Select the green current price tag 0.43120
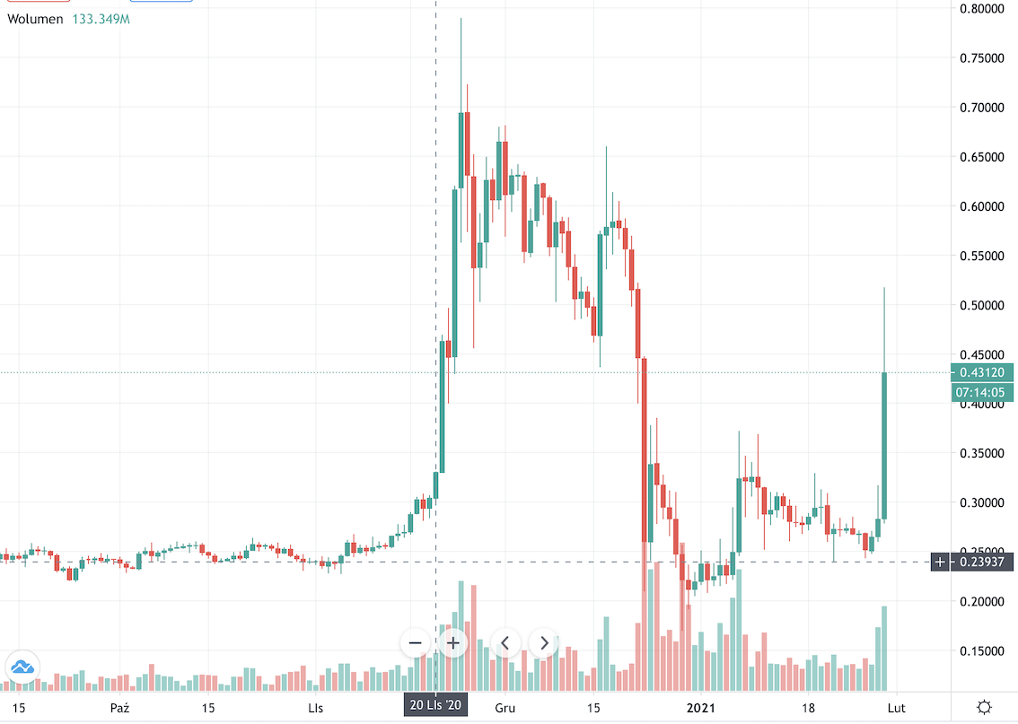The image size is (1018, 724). coord(983,372)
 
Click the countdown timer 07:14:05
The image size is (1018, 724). coord(983,392)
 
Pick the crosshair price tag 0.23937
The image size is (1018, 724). coord(988,563)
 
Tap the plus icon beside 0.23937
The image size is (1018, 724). coord(940,563)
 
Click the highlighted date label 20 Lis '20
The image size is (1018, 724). coord(435,706)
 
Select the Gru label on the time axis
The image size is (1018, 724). coord(505,707)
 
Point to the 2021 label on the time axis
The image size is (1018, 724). coord(703,707)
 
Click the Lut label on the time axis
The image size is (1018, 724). coord(908,707)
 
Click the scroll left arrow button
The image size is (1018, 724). coord(505,642)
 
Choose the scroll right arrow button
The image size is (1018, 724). coord(544,642)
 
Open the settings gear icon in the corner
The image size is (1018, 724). coord(984,706)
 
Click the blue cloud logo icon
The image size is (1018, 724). coord(22,667)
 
